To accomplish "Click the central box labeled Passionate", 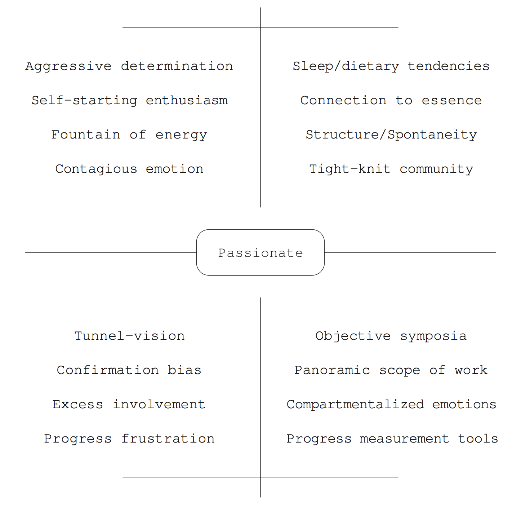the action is coord(260,252).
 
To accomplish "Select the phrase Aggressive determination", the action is coord(129,66).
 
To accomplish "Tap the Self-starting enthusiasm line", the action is coord(130,101).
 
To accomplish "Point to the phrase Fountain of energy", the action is coord(129,135).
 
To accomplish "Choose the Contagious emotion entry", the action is coord(129,169).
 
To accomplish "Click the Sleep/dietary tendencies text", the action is coord(391,66).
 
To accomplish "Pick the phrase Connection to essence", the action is coord(391,101).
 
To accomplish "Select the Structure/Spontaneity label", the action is coord(391,135).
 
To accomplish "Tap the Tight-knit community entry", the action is coord(391,169).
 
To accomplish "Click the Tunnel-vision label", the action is coord(130,336).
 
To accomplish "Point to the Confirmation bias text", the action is coord(129,370).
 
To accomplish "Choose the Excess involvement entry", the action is coord(129,404).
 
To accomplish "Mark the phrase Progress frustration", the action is coord(129,439).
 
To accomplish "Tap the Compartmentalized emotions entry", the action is coord(391,405).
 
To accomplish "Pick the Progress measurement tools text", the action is coord(392,439).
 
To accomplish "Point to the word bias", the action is coord(184,370).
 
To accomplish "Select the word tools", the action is coord(478,439).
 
